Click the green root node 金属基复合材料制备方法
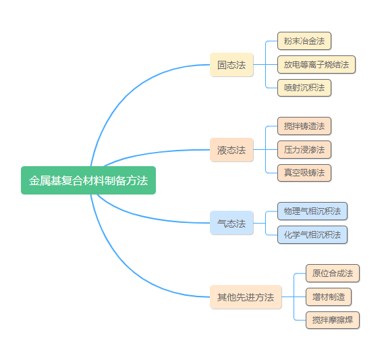coord(88,180)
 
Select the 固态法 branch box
coord(231,65)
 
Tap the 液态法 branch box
coord(231,150)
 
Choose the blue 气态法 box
coord(231,223)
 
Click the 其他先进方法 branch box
coord(246,297)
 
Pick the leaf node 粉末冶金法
coord(304,41)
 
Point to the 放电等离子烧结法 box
coord(316,64)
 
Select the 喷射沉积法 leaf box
coord(304,88)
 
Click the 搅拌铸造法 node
coord(304,126)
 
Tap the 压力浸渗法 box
coord(304,150)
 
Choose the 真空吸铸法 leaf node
coord(304,173)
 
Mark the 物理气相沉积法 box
coord(312,211)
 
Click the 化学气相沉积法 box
coord(312,234)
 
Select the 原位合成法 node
coord(333,274)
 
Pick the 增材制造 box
coord(329,297)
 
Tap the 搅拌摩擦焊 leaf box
coord(333,320)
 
